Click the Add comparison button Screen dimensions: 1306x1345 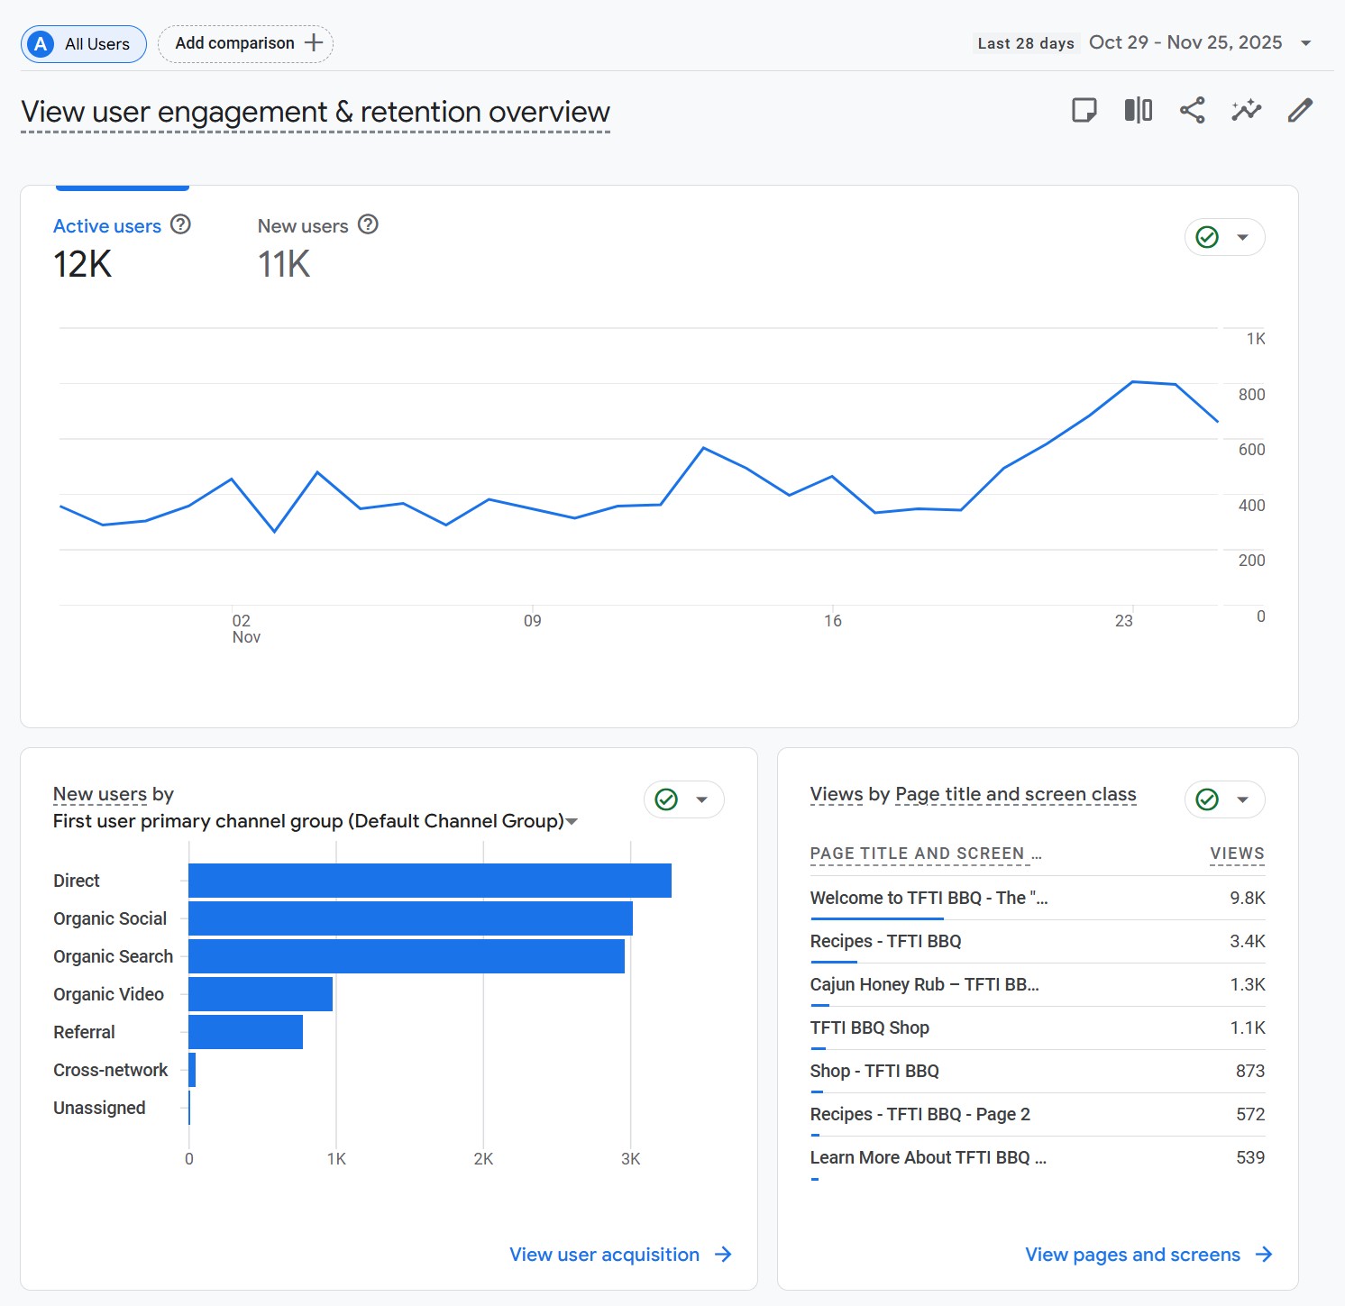[245, 43]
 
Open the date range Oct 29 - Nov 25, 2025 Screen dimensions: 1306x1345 [1185, 42]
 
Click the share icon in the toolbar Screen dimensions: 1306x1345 [1192, 110]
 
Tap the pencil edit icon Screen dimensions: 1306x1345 [1300, 110]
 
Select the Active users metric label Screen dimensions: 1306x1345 [107, 226]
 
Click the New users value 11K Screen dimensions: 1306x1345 [283, 265]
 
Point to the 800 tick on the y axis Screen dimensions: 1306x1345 [1251, 395]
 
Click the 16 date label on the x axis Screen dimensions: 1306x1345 [832, 621]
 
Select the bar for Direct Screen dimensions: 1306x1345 [429, 881]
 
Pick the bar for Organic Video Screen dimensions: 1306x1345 [261, 994]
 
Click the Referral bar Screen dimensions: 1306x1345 [245, 1032]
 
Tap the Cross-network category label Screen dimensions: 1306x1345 [110, 1070]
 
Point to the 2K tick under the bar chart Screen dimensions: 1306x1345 [483, 1159]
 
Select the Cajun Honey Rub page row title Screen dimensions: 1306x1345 [924, 984]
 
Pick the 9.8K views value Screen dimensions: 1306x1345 [1247, 898]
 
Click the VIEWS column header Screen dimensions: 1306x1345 [1237, 854]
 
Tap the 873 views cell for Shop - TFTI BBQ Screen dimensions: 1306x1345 [1249, 1071]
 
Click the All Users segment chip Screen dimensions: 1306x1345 [84, 44]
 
